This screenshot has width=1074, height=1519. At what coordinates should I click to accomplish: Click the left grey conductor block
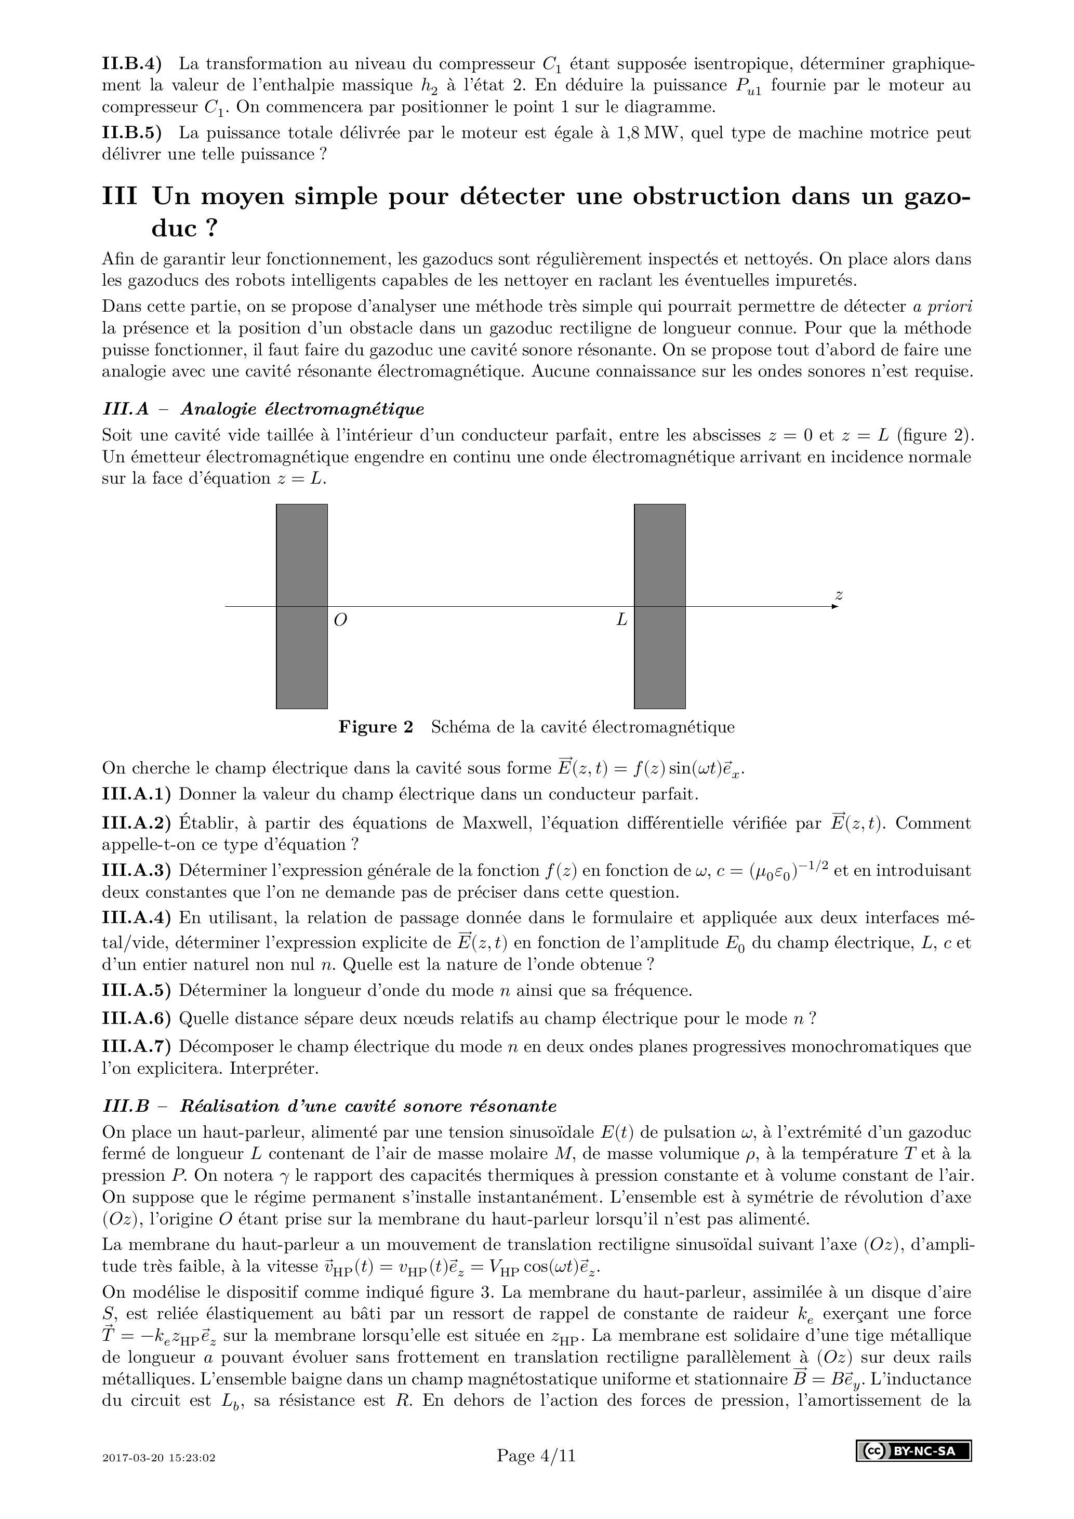click(x=302, y=662)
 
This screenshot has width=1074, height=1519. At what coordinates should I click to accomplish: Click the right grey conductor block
click(x=660, y=662)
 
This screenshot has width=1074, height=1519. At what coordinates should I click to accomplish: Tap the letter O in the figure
click(x=341, y=620)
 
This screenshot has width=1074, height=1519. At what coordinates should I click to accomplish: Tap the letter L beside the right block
click(x=621, y=620)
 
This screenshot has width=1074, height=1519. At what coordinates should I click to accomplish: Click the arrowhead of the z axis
click(x=834, y=606)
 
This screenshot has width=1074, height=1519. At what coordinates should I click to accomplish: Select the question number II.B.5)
click(x=131, y=133)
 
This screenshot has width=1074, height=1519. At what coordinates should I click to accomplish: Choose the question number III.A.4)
click(x=136, y=917)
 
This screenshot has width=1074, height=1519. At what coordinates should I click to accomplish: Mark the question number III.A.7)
click(x=136, y=1047)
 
